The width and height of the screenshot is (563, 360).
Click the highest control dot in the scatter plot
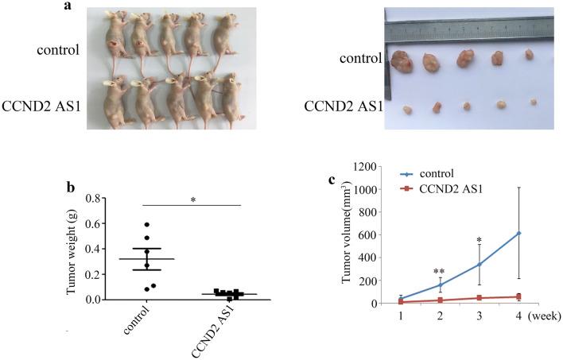(x=146, y=225)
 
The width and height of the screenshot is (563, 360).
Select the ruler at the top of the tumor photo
(x=469, y=29)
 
